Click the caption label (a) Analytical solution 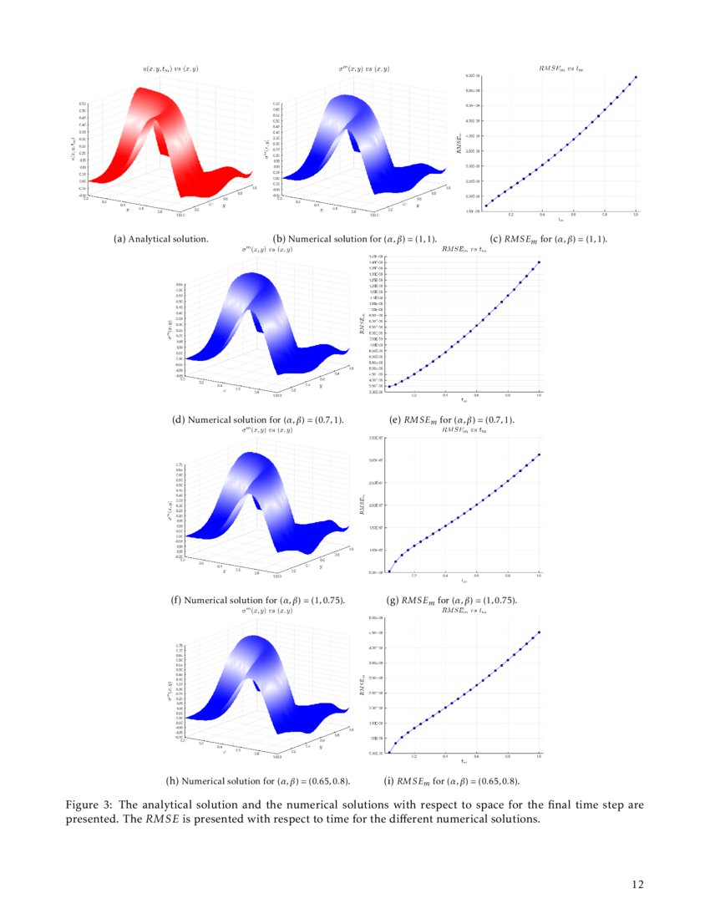point(161,239)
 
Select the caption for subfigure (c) point(549,239)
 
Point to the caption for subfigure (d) point(258,419)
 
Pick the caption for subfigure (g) point(452,600)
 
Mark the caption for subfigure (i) point(452,781)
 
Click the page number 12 point(638,884)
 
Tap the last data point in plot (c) point(636,77)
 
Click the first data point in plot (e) point(389,387)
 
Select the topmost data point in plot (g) point(540,454)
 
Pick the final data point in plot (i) point(540,632)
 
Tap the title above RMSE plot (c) point(560,68)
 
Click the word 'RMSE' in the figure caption point(161,820)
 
